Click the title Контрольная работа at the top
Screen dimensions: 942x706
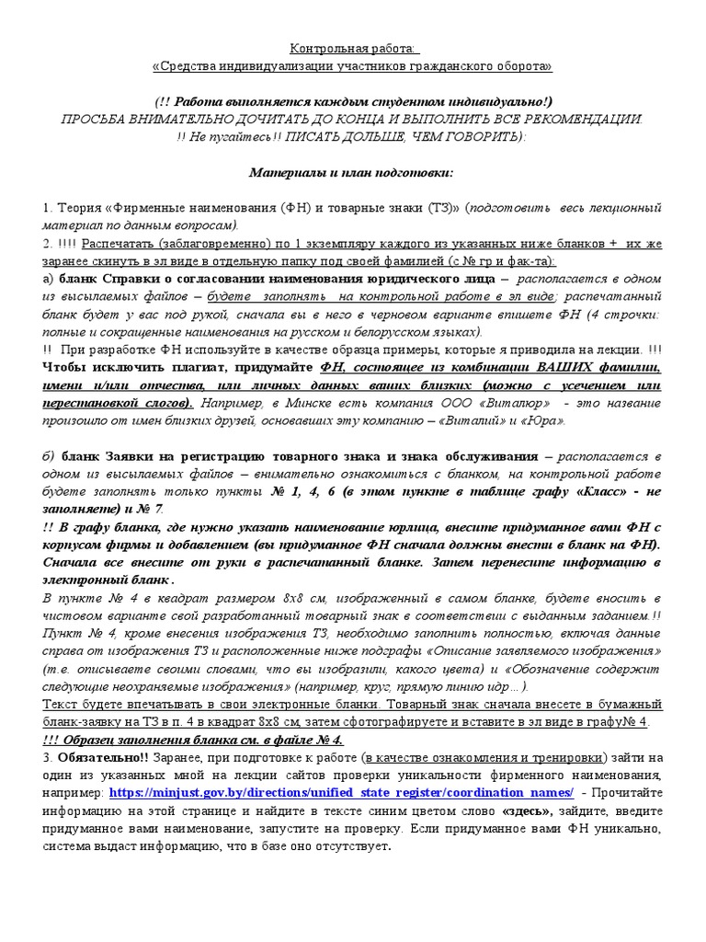point(353,48)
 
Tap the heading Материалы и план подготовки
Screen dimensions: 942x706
point(352,172)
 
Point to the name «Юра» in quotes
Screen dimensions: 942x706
point(542,420)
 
